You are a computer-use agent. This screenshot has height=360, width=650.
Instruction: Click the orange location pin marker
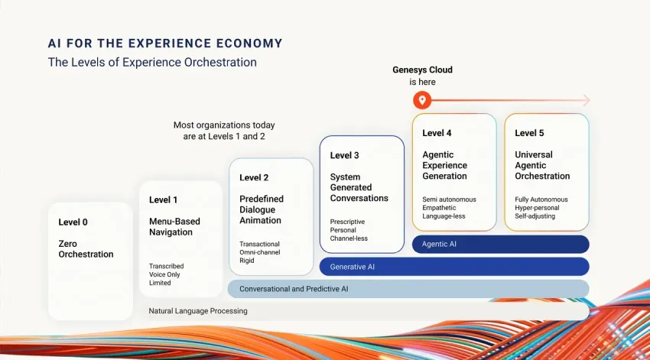[x=421, y=100]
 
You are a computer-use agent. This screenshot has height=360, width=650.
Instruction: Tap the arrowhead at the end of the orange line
[x=585, y=100]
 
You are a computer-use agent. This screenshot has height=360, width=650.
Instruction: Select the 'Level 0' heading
[x=73, y=222]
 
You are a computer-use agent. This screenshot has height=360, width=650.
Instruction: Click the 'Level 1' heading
[x=164, y=200]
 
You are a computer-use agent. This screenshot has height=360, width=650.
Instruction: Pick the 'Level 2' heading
[x=254, y=177]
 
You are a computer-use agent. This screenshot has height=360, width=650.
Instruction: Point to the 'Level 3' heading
[x=344, y=155]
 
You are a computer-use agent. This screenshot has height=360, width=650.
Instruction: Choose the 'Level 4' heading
[x=437, y=133]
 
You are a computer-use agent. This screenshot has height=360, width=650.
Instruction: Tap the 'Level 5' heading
[x=529, y=133]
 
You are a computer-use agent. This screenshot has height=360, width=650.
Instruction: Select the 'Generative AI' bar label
[x=353, y=267]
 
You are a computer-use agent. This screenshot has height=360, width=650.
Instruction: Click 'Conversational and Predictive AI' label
[x=294, y=289]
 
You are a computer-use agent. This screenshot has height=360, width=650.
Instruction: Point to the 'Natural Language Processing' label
[x=198, y=311]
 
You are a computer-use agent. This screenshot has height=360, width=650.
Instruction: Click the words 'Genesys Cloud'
[x=422, y=70]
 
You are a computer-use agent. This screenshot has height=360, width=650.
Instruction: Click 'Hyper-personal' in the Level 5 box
[x=537, y=208]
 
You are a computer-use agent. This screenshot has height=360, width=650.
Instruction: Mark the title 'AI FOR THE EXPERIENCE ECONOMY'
[x=165, y=44]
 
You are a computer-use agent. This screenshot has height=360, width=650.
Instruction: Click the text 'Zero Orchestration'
[x=86, y=249]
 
